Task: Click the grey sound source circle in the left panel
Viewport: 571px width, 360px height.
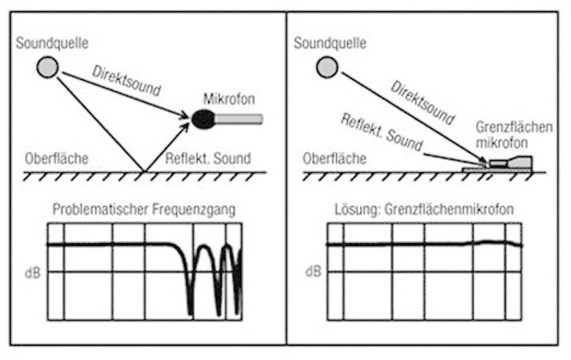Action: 47,67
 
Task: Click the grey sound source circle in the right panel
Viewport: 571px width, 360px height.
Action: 327,67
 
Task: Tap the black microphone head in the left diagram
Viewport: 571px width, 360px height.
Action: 203,119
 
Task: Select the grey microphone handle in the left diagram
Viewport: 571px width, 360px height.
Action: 239,119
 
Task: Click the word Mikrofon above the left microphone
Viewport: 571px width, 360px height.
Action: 228,98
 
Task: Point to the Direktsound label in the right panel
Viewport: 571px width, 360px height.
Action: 422,100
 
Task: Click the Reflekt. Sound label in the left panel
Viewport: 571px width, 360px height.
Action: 208,158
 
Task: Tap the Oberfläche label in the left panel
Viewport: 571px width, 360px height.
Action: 56,159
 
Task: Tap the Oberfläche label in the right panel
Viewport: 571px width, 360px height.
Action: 335,159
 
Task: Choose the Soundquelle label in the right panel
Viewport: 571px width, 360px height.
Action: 330,43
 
